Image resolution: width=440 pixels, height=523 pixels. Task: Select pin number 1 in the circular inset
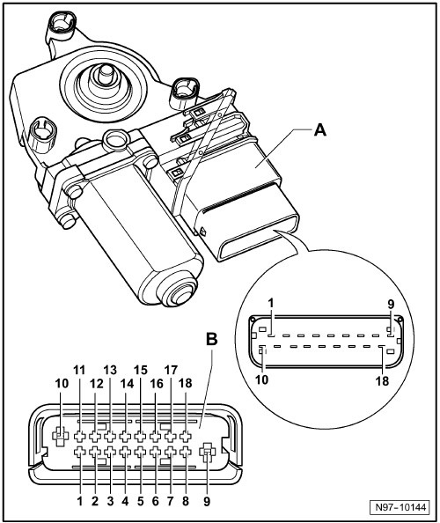(x=273, y=305)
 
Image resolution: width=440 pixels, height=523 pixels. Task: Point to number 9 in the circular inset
(x=391, y=305)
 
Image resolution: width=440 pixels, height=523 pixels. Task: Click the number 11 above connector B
(x=81, y=370)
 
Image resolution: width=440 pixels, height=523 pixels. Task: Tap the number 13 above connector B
(x=110, y=370)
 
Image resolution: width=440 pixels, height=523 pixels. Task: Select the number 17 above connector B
(x=172, y=370)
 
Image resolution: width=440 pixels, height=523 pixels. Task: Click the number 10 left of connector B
(x=62, y=383)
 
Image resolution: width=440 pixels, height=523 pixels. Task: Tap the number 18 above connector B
(x=186, y=383)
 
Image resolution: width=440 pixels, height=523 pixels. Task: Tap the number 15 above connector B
(x=141, y=370)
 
